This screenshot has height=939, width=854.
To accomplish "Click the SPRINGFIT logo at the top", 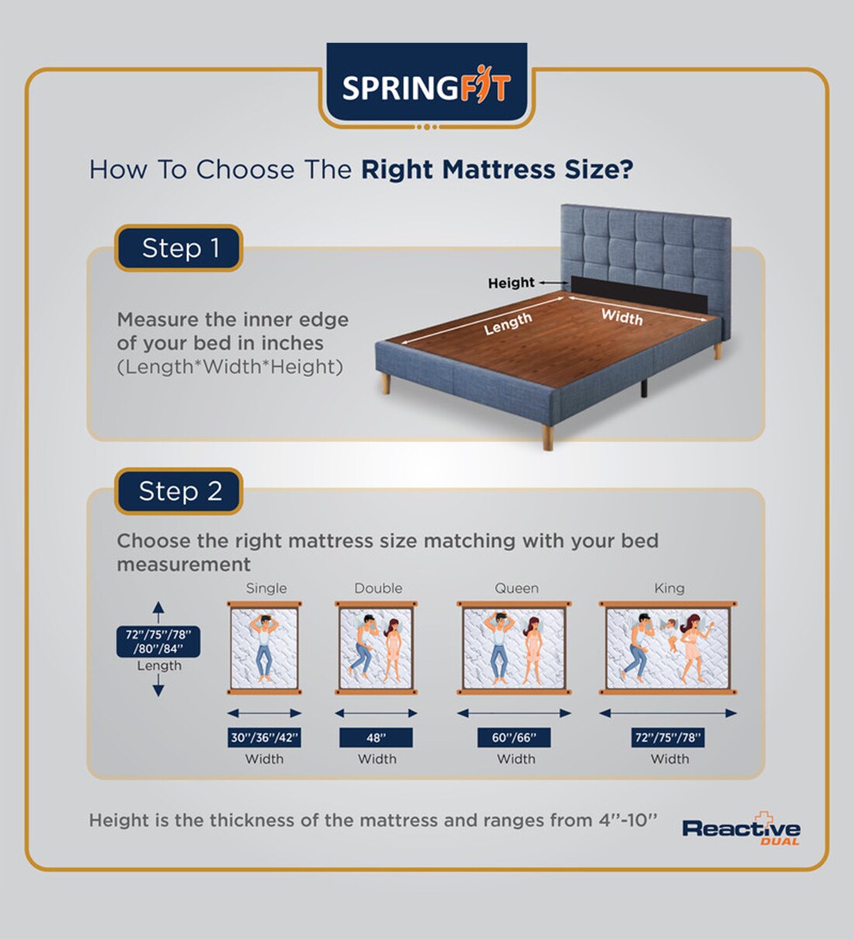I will [x=426, y=87].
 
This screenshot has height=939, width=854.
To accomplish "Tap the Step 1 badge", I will [x=179, y=248].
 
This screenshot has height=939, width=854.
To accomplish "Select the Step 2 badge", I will [x=179, y=491].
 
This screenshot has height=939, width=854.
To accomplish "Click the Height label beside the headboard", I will [x=511, y=283].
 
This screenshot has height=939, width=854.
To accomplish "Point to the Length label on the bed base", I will [x=508, y=324].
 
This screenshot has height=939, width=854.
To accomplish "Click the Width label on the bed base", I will [x=622, y=316].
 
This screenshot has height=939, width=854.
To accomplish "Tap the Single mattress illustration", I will [x=265, y=647].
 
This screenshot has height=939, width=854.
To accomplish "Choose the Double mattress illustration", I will [x=377, y=647].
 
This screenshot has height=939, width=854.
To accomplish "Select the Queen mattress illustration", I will [x=514, y=647].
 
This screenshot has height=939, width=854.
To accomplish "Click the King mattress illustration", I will [x=668, y=647].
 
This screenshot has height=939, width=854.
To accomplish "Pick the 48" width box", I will [x=377, y=737].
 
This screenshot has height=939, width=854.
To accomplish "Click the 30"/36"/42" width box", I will [x=265, y=737].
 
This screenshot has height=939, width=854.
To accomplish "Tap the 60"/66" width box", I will [x=514, y=737].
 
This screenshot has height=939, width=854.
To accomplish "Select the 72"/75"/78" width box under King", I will [x=668, y=737].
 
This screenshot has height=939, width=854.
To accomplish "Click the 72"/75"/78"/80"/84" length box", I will [x=159, y=642].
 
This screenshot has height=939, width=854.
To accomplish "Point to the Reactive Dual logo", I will [x=741, y=830].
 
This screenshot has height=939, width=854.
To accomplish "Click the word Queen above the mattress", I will [x=516, y=588].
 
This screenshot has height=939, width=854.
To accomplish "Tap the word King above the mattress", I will [x=669, y=588].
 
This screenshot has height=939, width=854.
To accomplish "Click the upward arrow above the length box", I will [x=158, y=611].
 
